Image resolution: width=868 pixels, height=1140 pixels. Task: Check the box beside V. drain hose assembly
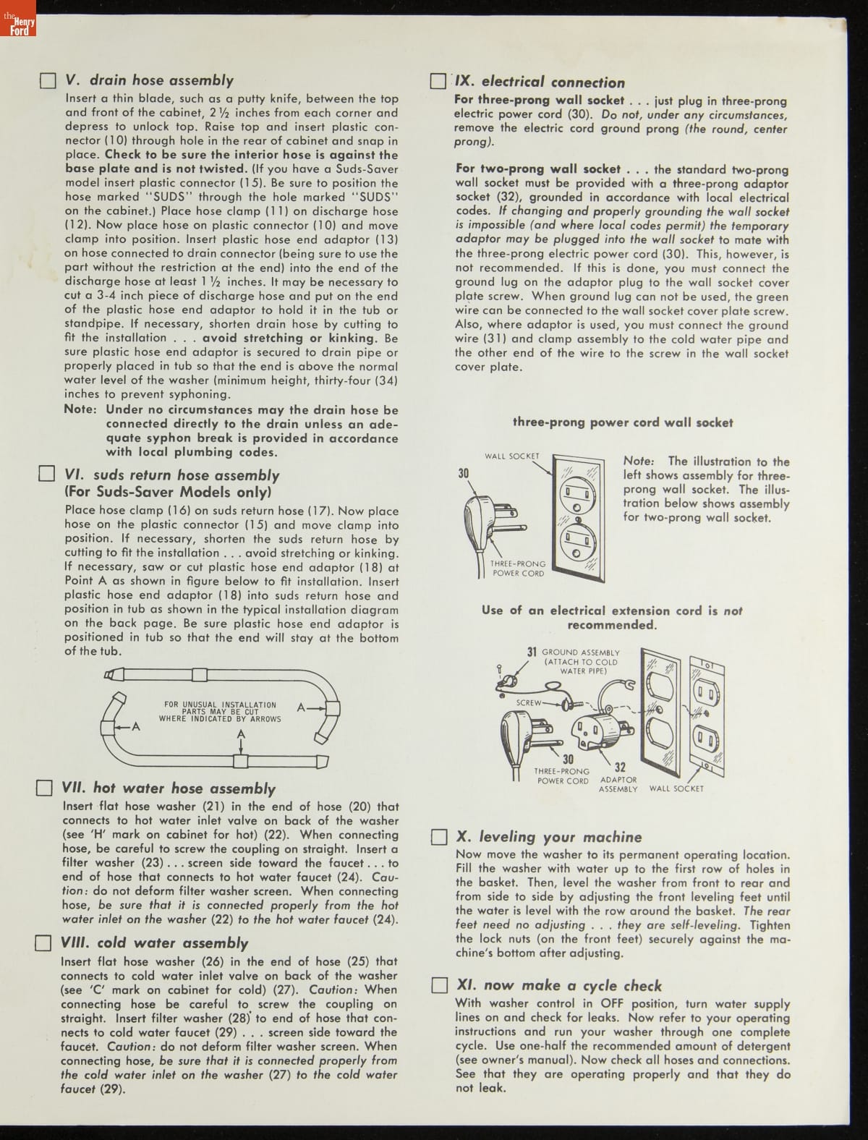[x=48, y=80]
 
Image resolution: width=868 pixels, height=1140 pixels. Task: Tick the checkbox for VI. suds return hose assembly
[x=46, y=475]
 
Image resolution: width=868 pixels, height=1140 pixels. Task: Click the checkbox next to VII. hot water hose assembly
[x=45, y=788]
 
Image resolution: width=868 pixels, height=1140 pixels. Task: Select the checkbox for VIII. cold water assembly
[x=43, y=943]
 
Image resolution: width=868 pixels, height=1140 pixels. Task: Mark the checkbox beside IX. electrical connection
[x=438, y=81]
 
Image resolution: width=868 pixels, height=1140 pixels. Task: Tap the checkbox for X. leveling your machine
[x=439, y=837]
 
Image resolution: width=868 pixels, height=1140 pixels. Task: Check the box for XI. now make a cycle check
[x=439, y=985]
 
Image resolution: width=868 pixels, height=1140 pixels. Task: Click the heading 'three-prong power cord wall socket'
[x=623, y=422]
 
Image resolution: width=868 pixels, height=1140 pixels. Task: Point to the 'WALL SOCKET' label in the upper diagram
[x=512, y=456]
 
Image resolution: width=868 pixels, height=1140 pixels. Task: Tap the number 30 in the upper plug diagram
[x=464, y=473]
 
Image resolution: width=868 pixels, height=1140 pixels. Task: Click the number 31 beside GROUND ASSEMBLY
[x=532, y=652]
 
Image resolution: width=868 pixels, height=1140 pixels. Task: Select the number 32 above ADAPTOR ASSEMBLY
[x=620, y=767]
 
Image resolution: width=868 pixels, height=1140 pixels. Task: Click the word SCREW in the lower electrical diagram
[x=529, y=702]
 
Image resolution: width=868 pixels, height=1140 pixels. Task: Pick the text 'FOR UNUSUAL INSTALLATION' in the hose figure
[x=220, y=705]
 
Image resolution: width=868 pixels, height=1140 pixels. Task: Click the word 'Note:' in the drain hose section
[x=80, y=409]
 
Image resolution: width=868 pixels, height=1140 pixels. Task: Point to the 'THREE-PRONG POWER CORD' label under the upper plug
[x=518, y=569]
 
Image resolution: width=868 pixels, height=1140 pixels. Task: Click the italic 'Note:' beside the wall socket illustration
[x=639, y=461]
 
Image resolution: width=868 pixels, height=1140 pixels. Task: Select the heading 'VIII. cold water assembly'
[x=155, y=943]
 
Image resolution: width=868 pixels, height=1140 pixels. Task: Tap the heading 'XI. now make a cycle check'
[x=559, y=985]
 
